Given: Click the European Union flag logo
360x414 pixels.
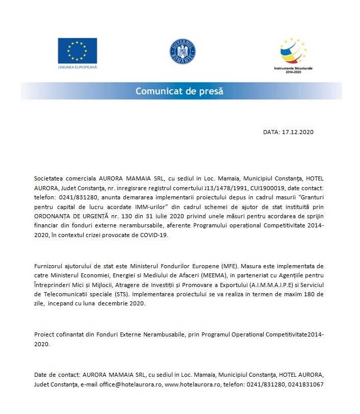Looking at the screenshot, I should pos(77,50).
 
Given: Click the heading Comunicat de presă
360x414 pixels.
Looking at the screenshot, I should pos(179,92).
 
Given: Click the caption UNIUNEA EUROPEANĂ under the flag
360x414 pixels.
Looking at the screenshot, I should pos(77,67).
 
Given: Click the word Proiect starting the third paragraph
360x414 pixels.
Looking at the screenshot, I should pos(44,335).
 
